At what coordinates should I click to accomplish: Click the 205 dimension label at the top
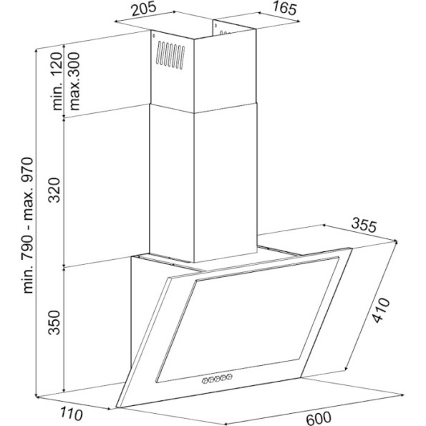(x=144, y=9)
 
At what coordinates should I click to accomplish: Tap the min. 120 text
(x=57, y=81)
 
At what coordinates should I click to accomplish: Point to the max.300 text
(x=74, y=81)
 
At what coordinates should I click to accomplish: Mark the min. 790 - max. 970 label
(x=28, y=226)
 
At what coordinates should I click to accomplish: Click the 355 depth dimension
(x=364, y=226)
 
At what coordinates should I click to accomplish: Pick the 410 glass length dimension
(x=380, y=310)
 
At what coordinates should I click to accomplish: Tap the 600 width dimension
(x=319, y=417)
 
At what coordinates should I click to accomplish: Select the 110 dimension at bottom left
(x=71, y=414)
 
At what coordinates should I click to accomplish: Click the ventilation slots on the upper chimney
(x=170, y=55)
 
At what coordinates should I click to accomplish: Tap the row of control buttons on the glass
(x=217, y=378)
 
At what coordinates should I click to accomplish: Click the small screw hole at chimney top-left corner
(x=154, y=36)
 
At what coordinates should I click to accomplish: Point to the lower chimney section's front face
(x=172, y=183)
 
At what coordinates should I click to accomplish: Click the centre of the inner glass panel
(x=247, y=320)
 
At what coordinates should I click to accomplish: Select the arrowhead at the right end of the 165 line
(x=299, y=21)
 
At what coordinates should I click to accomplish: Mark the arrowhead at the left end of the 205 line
(x=117, y=21)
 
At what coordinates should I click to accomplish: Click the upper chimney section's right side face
(x=225, y=71)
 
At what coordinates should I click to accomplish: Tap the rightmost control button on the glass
(x=230, y=377)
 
